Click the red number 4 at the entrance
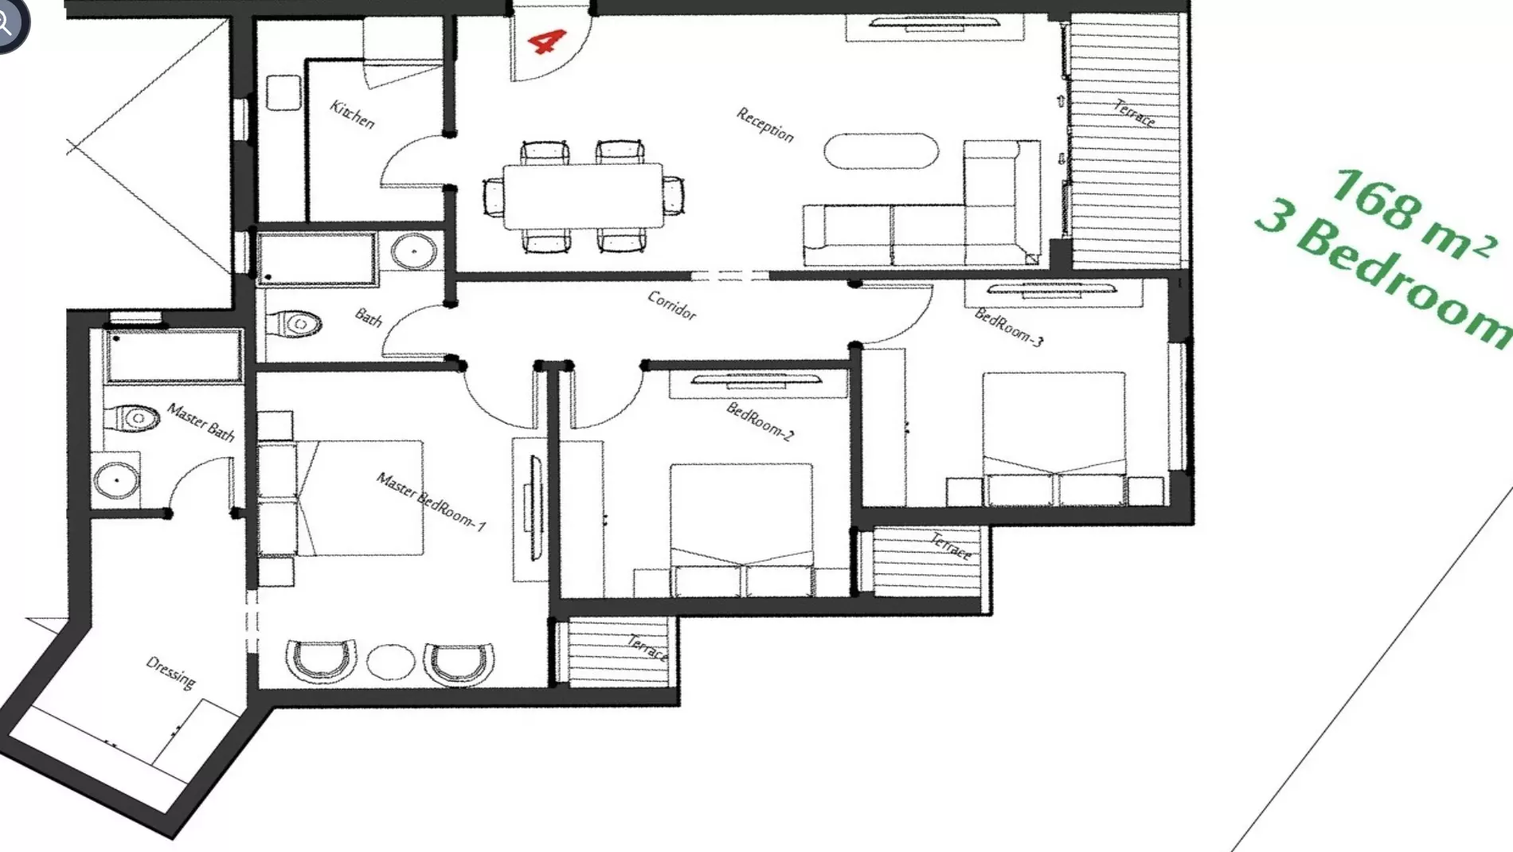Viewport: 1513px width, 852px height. pyautogui.click(x=546, y=41)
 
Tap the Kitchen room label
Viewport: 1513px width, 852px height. pyautogui.click(x=352, y=115)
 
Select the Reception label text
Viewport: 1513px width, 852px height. pyautogui.click(x=765, y=125)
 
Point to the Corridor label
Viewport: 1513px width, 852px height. pyautogui.click(x=672, y=305)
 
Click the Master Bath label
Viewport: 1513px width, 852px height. pyautogui.click(x=201, y=423)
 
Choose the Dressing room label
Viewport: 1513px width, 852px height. pyautogui.click(x=171, y=673)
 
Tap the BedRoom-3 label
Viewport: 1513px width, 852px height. pyautogui.click(x=1009, y=327)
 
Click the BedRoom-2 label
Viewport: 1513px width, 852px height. pyautogui.click(x=760, y=421)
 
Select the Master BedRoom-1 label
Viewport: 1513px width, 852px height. pyautogui.click(x=431, y=502)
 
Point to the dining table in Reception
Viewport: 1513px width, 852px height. pyautogui.click(x=584, y=196)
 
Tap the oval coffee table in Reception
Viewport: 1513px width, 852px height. pyautogui.click(x=882, y=151)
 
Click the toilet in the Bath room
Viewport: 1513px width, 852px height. pyautogui.click(x=293, y=324)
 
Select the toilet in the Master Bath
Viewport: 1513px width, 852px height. pyautogui.click(x=132, y=417)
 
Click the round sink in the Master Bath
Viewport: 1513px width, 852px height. pyautogui.click(x=116, y=480)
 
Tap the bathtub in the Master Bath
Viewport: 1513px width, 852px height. pyautogui.click(x=174, y=356)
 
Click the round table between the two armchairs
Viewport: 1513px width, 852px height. pyautogui.click(x=390, y=661)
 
